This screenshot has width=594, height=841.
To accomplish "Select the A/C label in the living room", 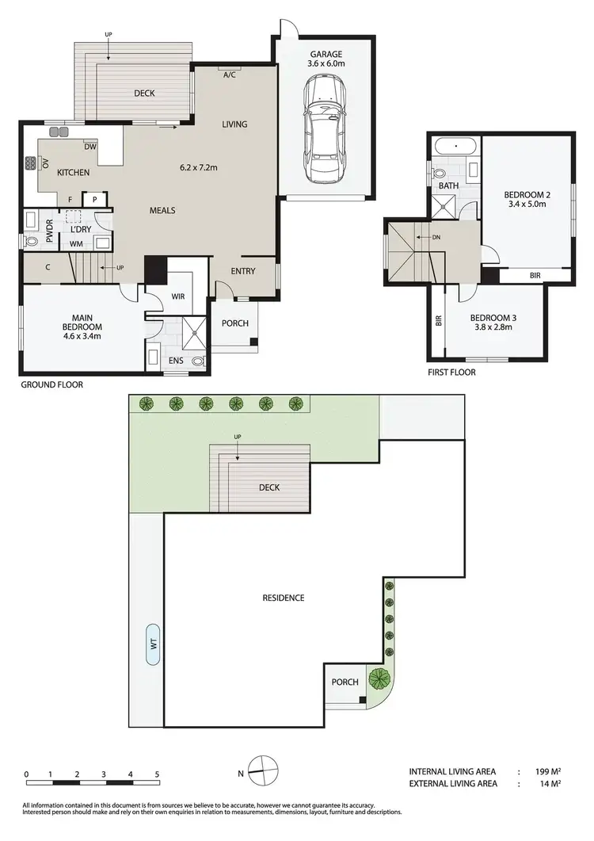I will coord(230,75).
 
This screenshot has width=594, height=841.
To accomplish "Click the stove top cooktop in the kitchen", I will coord(30,164).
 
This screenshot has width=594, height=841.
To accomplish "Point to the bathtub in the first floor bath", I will coord(455,147).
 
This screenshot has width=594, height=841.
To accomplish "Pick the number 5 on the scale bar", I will coord(158,774).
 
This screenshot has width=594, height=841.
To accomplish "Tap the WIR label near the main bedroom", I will coord(179,296).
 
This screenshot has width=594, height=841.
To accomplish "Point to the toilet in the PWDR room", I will coord(32,242).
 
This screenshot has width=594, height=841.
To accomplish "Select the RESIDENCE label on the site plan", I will coord(283,598).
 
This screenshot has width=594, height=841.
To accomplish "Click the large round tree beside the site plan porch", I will coord(381,679).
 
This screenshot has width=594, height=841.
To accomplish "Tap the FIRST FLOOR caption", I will coord(451,372).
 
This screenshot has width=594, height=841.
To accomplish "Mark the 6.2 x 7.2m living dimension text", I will coord(199,167).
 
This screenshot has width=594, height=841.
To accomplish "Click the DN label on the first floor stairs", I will coord(436,237).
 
